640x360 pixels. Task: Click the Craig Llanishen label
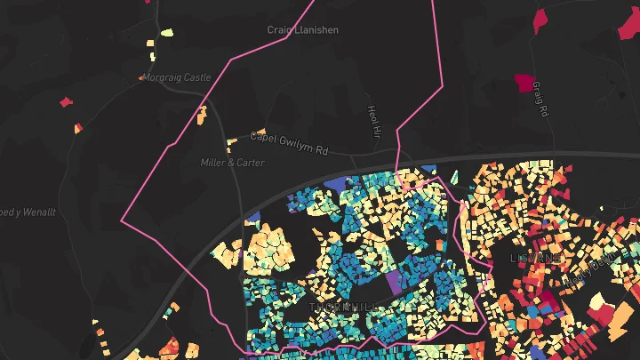click(x=303, y=30)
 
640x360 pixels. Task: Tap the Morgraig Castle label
click(x=179, y=77)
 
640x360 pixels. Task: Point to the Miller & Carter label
click(x=232, y=163)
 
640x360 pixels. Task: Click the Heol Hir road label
click(x=373, y=121)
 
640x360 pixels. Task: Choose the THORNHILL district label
click(x=343, y=307)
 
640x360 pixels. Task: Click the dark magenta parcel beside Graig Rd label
click(x=524, y=84)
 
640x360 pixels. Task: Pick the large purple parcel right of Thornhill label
click(x=394, y=283)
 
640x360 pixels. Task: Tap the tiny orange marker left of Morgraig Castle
click(x=140, y=78)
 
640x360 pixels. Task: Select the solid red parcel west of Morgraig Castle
click(x=64, y=102)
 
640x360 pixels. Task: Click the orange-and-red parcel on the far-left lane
click(x=78, y=128)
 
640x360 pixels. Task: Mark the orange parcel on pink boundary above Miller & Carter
click(x=202, y=113)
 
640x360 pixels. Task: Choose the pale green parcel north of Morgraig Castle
click(x=166, y=33)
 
